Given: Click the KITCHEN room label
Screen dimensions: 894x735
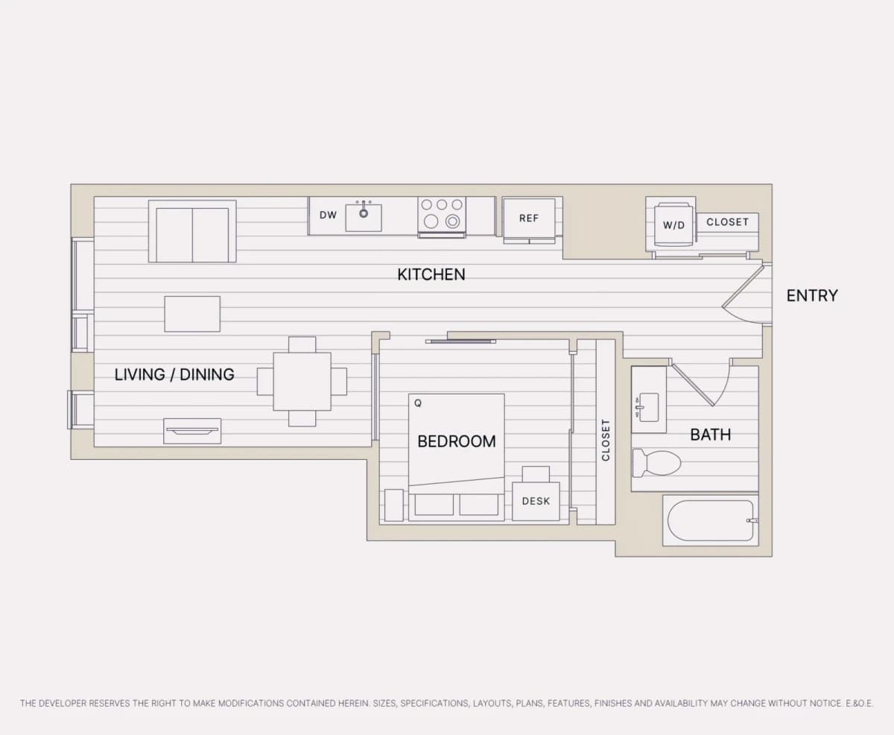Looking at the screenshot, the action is (x=431, y=275).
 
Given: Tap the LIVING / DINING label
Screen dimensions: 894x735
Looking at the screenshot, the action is (x=174, y=374).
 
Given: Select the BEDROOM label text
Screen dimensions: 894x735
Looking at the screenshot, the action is (x=457, y=441).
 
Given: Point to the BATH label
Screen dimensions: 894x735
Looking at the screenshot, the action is (x=711, y=435).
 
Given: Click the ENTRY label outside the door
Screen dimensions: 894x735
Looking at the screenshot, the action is (x=812, y=296).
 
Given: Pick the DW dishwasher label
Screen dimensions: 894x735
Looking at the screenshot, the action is (x=328, y=215).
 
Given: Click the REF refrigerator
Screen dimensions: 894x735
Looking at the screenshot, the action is (x=529, y=221).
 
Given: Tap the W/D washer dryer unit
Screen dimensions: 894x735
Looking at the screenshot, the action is (x=673, y=225).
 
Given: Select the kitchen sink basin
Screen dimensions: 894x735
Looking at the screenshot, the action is (x=364, y=218).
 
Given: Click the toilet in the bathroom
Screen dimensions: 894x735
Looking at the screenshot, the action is (x=656, y=463).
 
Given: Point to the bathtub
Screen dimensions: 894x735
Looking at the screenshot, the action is (x=711, y=520).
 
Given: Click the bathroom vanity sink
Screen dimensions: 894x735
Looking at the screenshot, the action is (x=649, y=407).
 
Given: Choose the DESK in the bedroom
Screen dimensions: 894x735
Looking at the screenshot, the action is (x=536, y=501).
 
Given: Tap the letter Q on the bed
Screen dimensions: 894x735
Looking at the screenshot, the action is (x=418, y=403).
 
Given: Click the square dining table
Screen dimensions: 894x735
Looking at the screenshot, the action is (x=302, y=381).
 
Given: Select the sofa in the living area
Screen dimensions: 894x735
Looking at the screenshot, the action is (x=192, y=232).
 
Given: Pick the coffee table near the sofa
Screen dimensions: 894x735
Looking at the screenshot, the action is (x=192, y=314).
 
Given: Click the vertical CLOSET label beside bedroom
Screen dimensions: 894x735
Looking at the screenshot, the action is (x=606, y=440).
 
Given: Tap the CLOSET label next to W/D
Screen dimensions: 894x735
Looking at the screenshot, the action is (x=727, y=222).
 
